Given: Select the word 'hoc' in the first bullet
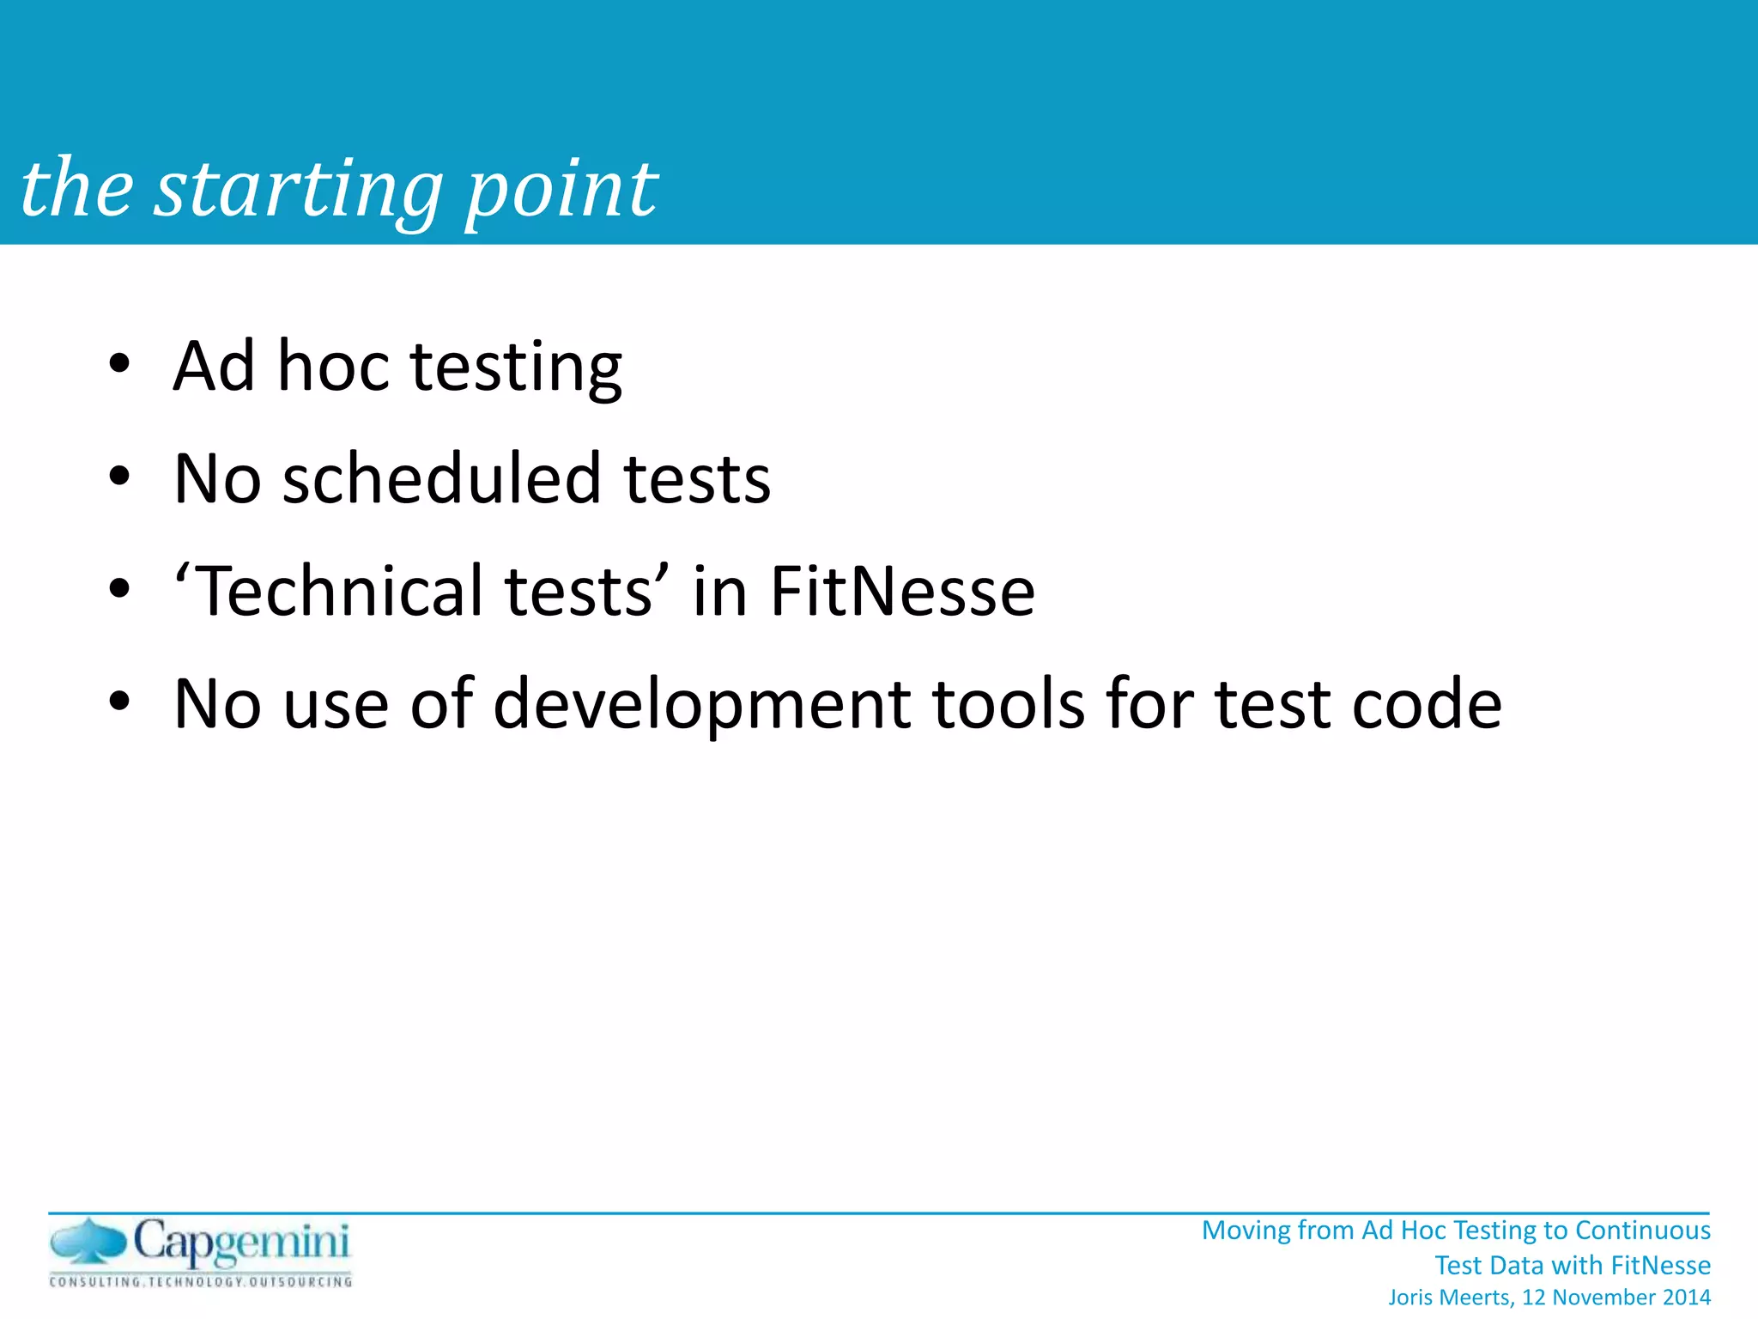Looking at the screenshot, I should [x=333, y=366].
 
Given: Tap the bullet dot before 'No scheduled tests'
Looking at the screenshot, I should [x=119, y=476].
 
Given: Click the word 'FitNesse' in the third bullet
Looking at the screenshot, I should [x=902, y=591].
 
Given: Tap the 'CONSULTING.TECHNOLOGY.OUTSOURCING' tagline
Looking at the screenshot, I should [x=201, y=1282].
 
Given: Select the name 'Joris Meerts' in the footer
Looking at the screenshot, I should [x=1451, y=1298].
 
